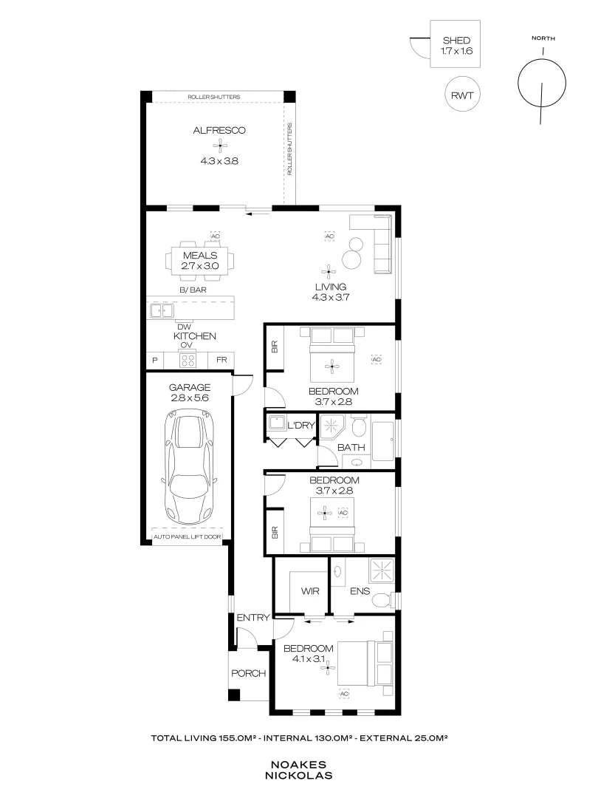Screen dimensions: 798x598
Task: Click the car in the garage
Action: [189, 468]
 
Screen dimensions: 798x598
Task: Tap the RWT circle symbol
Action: [463, 94]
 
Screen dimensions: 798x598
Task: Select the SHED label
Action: [456, 41]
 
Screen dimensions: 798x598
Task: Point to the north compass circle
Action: [543, 82]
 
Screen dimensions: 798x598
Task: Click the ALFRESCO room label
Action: [219, 131]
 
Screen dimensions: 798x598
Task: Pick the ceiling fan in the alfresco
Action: [219, 146]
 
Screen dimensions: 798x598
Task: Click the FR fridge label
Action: [221, 361]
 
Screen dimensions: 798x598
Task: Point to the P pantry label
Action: [155, 361]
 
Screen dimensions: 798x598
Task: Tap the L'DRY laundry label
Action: [302, 424]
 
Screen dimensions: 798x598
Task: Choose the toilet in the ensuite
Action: [381, 600]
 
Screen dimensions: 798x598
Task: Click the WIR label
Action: [309, 592]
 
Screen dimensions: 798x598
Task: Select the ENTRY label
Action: [251, 618]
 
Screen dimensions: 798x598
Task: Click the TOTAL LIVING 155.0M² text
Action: [205, 737]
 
